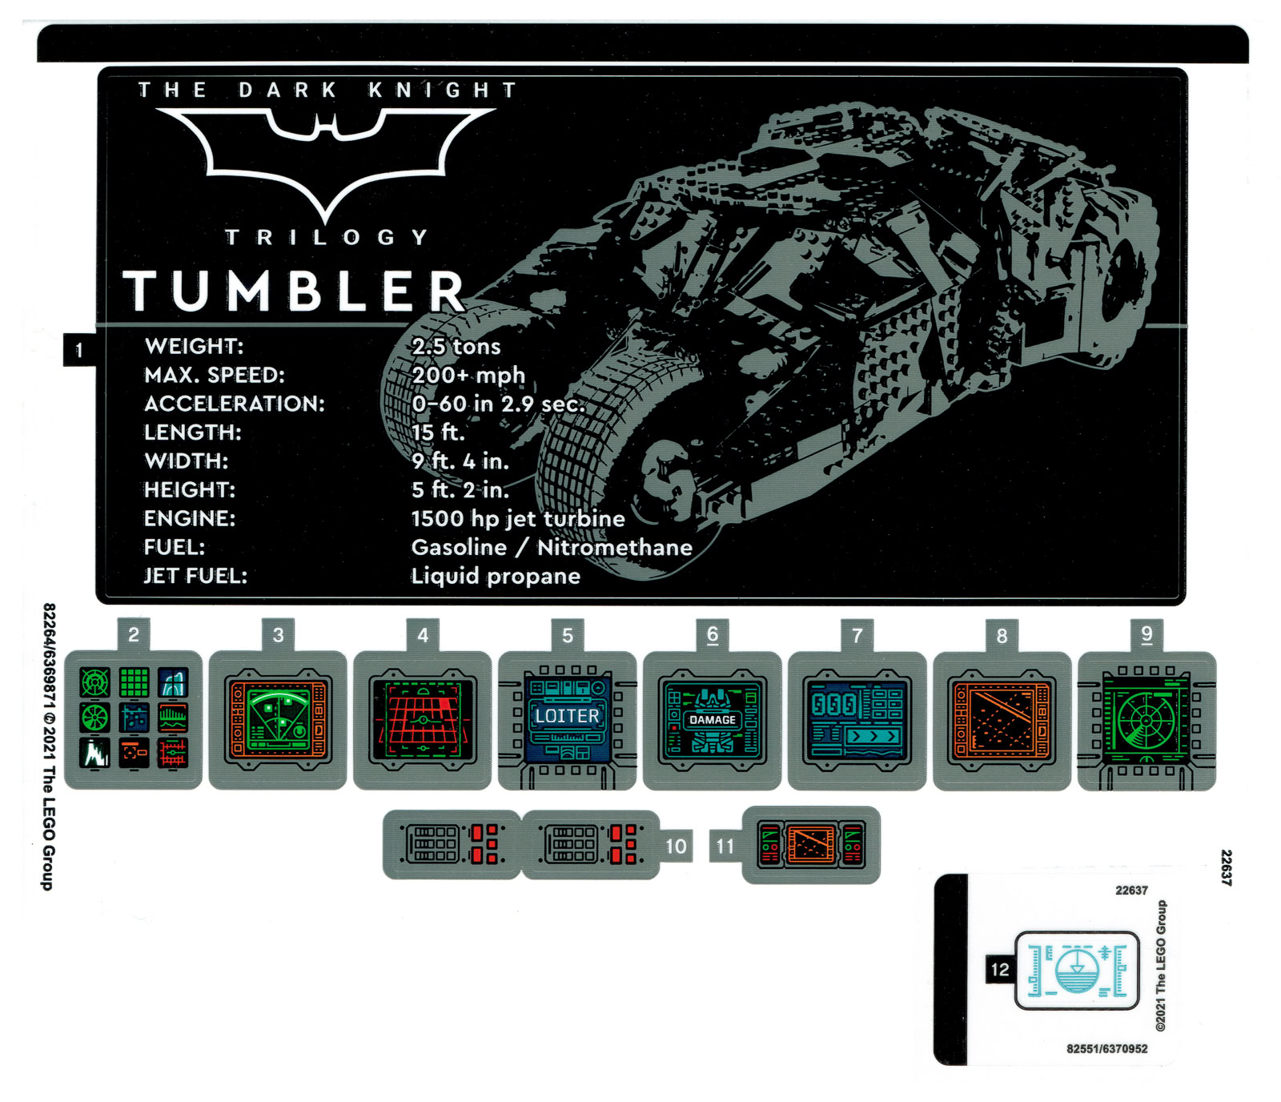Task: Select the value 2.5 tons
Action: (456, 347)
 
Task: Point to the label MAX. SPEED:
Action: (215, 376)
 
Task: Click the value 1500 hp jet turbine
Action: (518, 519)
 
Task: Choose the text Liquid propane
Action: (496, 577)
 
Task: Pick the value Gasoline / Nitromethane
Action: (552, 548)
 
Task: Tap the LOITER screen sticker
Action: (567, 717)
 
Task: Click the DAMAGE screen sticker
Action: (712, 720)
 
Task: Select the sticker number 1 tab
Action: (79, 350)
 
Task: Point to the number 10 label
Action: (676, 847)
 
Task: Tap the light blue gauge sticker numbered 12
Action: (1077, 970)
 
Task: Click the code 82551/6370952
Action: (1106, 1049)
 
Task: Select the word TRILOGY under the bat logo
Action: (326, 238)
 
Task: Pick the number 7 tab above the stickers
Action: (857, 636)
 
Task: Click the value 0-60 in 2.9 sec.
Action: (498, 404)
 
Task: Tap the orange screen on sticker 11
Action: (810, 845)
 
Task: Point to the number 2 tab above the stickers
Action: (134, 635)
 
